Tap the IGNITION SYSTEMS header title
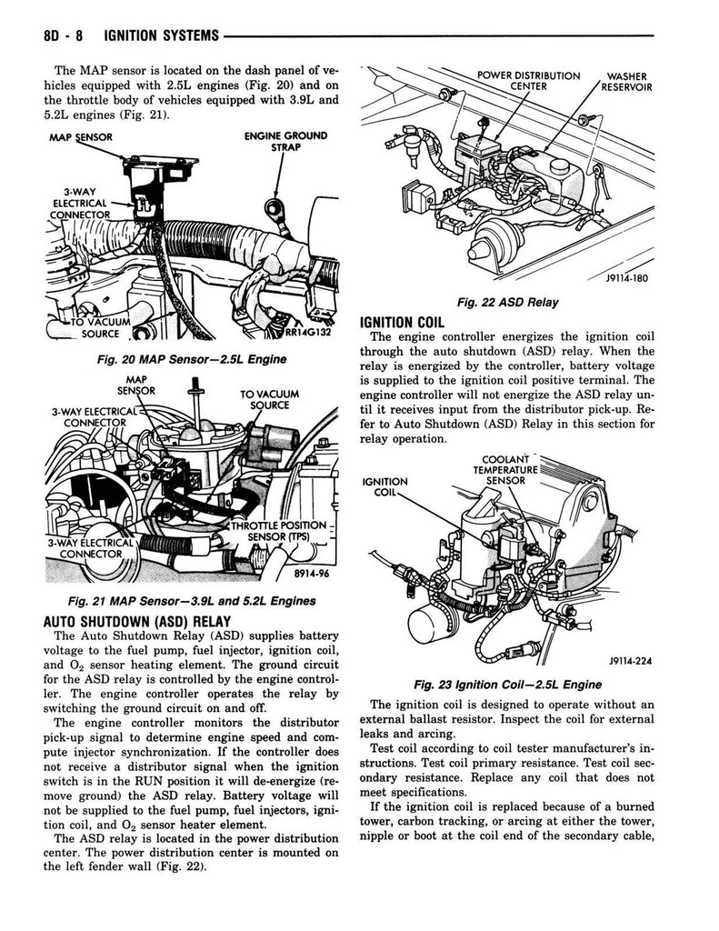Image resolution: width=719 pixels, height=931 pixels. [x=161, y=35]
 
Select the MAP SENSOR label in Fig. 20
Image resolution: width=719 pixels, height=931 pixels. [x=79, y=136]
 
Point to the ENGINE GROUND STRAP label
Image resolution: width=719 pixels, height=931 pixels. [x=286, y=144]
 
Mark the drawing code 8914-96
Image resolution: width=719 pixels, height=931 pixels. [x=310, y=575]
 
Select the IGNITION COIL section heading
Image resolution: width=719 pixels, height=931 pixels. [x=402, y=321]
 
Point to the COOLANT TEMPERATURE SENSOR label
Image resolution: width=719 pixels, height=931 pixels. [x=506, y=469]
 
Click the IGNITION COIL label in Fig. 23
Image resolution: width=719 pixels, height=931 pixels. [x=385, y=487]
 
